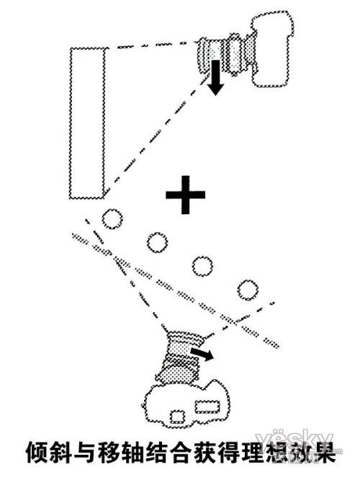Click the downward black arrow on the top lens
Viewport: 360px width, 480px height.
tap(215, 77)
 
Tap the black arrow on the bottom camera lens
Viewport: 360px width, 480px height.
tap(202, 354)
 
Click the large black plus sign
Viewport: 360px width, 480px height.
tap(185, 195)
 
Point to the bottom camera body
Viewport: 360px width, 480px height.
tap(186, 404)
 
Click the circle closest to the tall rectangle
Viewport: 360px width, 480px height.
tap(112, 219)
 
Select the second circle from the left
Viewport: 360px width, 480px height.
tap(157, 242)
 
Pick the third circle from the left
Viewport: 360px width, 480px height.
tap(202, 266)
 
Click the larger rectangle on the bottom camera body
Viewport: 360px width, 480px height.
tap(207, 406)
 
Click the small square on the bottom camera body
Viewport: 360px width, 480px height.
tap(178, 417)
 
